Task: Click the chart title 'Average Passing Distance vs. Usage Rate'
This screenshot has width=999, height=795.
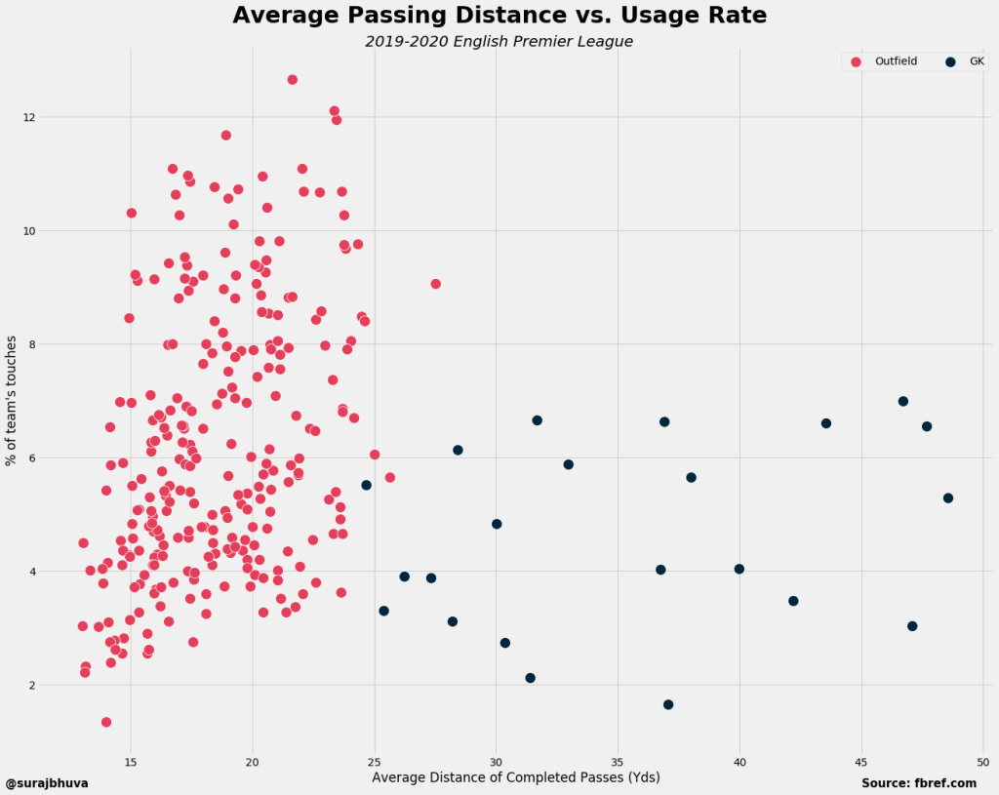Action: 499,16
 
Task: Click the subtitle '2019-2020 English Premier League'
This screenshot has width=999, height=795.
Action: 499,42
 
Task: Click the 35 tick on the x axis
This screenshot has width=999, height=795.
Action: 618,761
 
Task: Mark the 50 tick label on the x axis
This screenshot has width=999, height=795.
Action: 983,761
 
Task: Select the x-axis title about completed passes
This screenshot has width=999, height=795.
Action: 516,777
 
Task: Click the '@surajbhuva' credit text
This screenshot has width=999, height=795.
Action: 47,783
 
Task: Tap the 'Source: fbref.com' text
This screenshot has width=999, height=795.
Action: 919,783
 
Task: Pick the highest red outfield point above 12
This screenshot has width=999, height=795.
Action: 292,79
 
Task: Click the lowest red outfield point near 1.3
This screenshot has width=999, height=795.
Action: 106,722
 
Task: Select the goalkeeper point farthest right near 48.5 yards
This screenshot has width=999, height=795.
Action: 948,497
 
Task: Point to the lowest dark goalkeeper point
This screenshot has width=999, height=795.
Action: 668,704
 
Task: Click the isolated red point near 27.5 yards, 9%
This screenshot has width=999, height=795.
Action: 435,284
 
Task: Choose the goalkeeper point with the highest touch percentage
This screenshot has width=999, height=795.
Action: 903,401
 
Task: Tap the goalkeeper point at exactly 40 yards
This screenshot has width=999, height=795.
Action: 739,569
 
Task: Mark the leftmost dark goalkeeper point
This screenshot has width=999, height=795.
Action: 367,485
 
